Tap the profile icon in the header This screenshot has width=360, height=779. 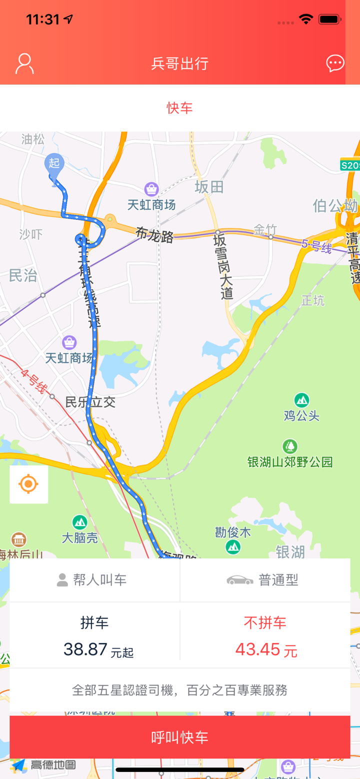pyautogui.click(x=24, y=64)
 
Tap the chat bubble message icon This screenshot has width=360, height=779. pyautogui.click(x=335, y=63)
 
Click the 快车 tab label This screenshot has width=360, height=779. pyautogui.click(x=180, y=108)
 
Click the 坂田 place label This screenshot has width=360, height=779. pyautogui.click(x=209, y=187)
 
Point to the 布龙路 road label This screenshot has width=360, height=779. pyautogui.click(x=155, y=234)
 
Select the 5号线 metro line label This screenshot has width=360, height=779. pyautogui.click(x=317, y=246)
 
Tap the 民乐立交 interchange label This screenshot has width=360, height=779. pyautogui.click(x=90, y=402)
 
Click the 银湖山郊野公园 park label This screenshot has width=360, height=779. pyautogui.click(x=290, y=461)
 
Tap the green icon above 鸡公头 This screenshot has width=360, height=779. pyautogui.click(x=301, y=400)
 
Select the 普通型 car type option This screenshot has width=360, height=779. pyautogui.click(x=265, y=580)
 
